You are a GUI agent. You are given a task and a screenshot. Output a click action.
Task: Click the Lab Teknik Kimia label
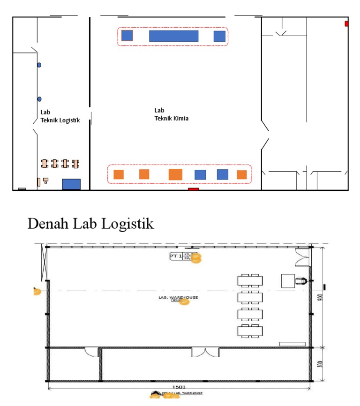tap(172, 114)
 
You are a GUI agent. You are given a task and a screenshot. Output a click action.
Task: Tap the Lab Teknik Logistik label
tap(60, 116)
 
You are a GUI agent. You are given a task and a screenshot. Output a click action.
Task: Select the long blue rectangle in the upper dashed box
tap(173, 36)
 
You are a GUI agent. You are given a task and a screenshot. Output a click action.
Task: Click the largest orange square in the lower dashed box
tap(175, 174)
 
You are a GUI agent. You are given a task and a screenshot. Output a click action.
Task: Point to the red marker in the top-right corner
tap(346, 23)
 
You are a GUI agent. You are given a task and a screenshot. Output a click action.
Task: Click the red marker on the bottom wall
tap(193, 189)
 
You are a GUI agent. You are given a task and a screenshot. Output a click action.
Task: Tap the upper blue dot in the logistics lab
tap(39, 65)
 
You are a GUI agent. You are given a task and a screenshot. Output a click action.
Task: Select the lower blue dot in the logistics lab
tap(39, 99)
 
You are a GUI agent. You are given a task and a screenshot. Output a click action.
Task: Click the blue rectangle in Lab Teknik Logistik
tap(71, 184)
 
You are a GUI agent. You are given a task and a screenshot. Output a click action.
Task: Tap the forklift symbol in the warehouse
tap(300, 281)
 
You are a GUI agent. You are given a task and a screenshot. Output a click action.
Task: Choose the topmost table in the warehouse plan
tap(250, 280)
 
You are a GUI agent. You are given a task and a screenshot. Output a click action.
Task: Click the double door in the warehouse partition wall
tap(205, 352)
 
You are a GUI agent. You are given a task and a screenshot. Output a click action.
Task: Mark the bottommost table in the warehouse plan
tap(250, 331)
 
